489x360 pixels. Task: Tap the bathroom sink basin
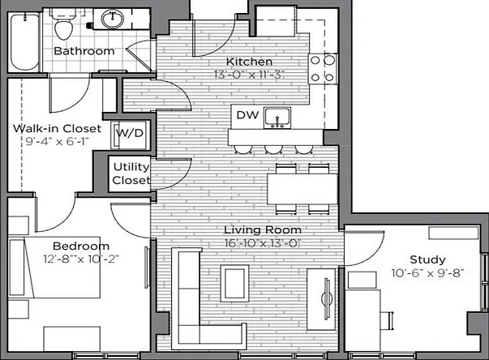pos(113,19)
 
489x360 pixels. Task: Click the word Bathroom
pos(84,51)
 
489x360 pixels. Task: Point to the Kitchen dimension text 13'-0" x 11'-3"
pos(249,75)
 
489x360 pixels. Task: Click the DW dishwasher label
pos(247,115)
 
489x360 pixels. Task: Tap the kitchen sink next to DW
pos(277,118)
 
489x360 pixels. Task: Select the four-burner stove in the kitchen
pos(323,69)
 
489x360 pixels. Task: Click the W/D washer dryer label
pos(130,134)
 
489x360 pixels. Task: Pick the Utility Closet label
pos(131,174)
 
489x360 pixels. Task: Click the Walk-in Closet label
pos(58,128)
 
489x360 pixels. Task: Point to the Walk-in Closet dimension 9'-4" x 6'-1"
pos(58,142)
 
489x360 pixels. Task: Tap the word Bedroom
pos(81,246)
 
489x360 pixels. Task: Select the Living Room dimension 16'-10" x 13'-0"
pos(263,243)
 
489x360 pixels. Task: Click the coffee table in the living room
pos(235,284)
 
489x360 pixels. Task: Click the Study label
pos(427,259)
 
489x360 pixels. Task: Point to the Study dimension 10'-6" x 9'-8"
pos(428,273)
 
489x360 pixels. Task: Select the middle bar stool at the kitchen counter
pos(273,150)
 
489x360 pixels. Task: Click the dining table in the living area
pos(302,189)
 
